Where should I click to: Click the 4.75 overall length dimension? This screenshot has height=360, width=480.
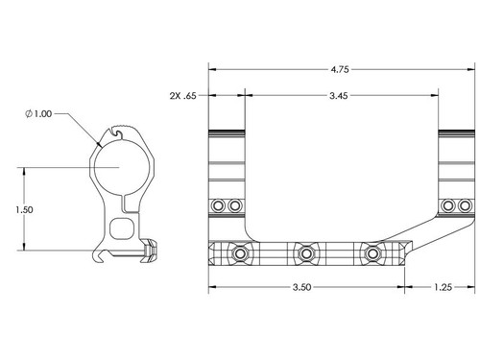(x=340, y=69)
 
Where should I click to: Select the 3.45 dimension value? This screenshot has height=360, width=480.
(x=339, y=95)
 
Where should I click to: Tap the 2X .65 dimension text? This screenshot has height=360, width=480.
(x=182, y=96)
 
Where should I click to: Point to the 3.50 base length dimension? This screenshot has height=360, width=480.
(x=301, y=287)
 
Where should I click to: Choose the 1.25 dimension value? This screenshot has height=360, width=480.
(x=443, y=287)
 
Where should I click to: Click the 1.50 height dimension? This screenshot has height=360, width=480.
(x=24, y=210)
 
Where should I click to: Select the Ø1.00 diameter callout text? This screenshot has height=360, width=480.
(x=38, y=113)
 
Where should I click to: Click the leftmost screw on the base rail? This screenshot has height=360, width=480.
(x=240, y=253)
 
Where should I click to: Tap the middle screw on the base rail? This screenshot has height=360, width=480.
(x=306, y=253)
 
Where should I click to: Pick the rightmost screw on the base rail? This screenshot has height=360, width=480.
(x=372, y=253)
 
